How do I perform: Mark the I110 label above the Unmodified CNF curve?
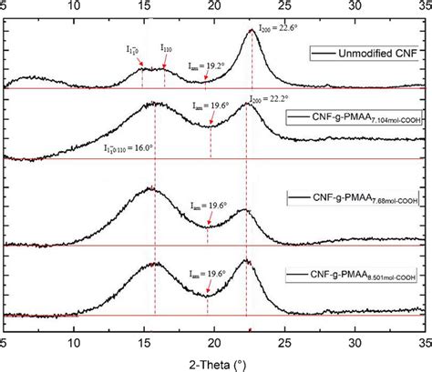pos(169,47)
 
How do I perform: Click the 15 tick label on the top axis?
pos(144,7)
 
